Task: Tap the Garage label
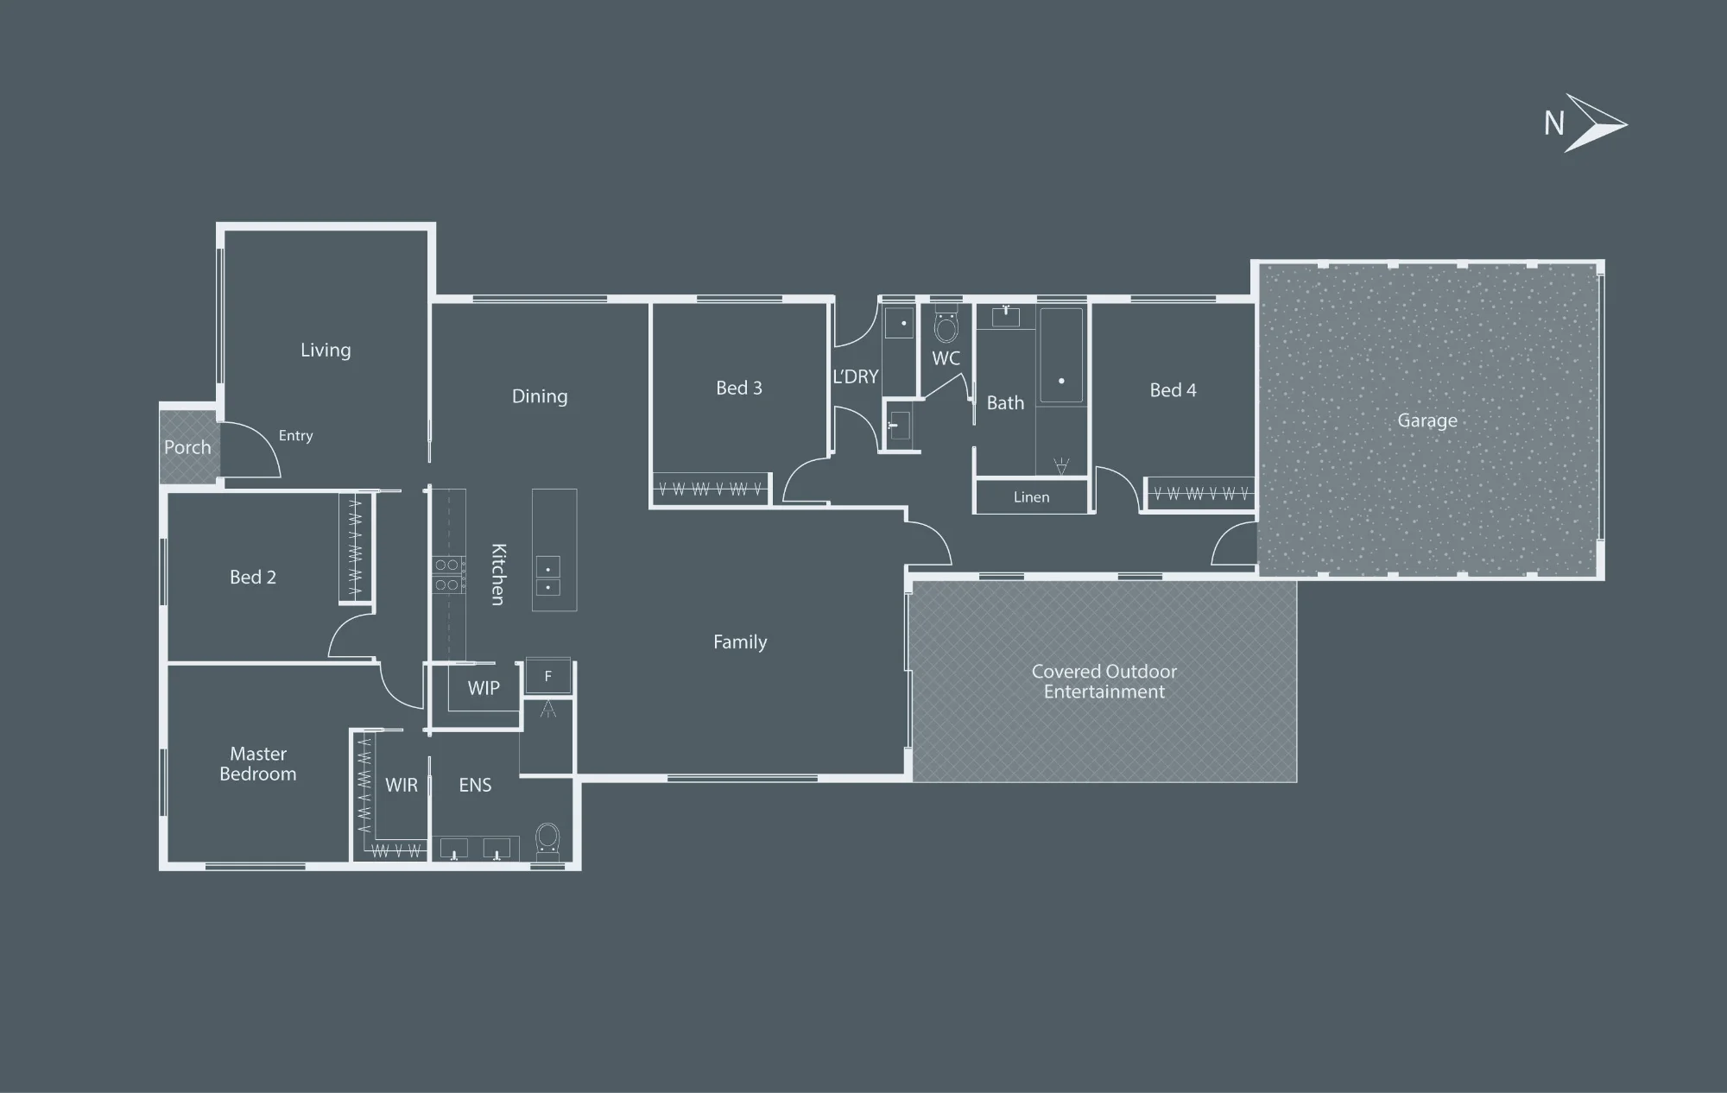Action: (x=1427, y=420)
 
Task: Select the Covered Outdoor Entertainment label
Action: (x=1104, y=681)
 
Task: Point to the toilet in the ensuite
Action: (x=547, y=842)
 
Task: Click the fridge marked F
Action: (x=548, y=676)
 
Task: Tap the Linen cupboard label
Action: (x=1032, y=497)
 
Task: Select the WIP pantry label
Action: (x=484, y=688)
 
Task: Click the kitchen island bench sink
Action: (x=548, y=578)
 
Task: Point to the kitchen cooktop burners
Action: (x=446, y=575)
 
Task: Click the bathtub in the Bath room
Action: (x=1061, y=355)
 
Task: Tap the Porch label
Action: (x=187, y=447)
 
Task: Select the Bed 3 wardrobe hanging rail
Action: (x=710, y=490)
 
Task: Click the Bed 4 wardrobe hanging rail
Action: (x=1201, y=494)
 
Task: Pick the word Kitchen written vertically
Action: (x=498, y=574)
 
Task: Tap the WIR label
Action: (x=402, y=785)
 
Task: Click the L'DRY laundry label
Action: (x=856, y=376)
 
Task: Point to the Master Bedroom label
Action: (x=258, y=764)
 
